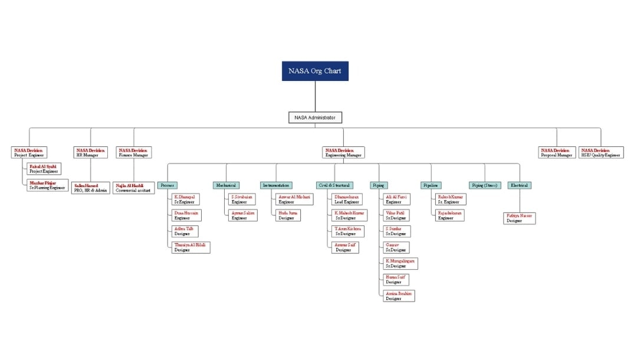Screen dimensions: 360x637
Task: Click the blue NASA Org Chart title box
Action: (x=315, y=71)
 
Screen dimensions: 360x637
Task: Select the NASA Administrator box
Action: (x=315, y=117)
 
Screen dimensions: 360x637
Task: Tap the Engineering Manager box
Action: (x=343, y=152)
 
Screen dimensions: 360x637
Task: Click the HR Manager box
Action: (x=91, y=152)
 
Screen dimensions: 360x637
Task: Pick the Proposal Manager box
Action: (x=556, y=152)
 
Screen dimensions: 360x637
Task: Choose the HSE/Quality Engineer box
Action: (x=601, y=152)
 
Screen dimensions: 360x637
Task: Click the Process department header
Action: (x=168, y=185)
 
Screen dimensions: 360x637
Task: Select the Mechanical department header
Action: (x=226, y=185)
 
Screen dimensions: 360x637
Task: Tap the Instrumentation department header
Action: (x=276, y=185)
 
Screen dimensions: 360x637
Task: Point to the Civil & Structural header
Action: (x=334, y=185)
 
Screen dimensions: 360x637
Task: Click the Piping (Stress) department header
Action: (x=485, y=185)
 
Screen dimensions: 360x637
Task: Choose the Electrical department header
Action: (x=519, y=185)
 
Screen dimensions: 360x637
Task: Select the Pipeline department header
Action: (x=431, y=185)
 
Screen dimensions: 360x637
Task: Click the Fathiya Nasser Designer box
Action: (x=520, y=218)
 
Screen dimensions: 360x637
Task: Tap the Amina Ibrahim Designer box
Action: (x=399, y=296)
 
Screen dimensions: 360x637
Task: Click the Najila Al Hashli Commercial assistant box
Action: (x=134, y=188)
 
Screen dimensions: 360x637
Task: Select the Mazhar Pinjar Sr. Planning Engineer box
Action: (x=47, y=185)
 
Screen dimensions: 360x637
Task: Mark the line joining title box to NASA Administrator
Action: (x=315, y=96)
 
